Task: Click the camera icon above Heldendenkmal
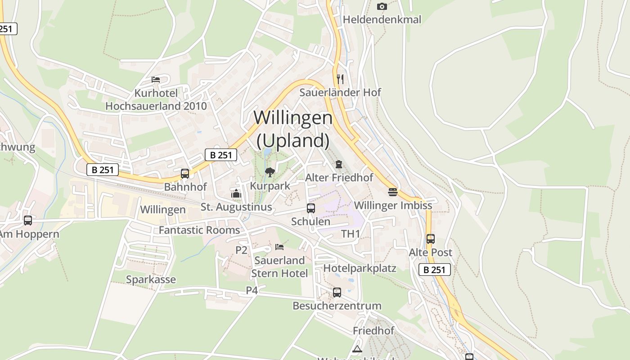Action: (382, 6)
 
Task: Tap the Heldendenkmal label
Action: (382, 19)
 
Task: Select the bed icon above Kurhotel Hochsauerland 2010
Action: (156, 80)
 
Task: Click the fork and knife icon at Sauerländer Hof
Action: (340, 79)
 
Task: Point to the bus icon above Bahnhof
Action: (184, 174)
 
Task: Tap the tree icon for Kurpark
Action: (270, 172)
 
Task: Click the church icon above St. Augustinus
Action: (236, 194)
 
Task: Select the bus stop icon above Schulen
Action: (310, 208)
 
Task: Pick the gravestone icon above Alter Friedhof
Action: (339, 164)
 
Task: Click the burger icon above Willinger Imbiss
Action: (393, 192)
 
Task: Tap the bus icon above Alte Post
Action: (430, 239)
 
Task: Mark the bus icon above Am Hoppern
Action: (28, 220)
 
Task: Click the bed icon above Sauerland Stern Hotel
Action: (279, 247)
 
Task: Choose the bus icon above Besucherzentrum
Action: (337, 292)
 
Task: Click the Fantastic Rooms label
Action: (199, 230)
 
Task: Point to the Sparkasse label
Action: (151, 279)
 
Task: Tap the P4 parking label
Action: (252, 291)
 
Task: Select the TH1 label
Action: (351, 234)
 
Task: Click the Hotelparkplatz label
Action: (360, 268)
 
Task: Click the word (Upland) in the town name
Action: (293, 140)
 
